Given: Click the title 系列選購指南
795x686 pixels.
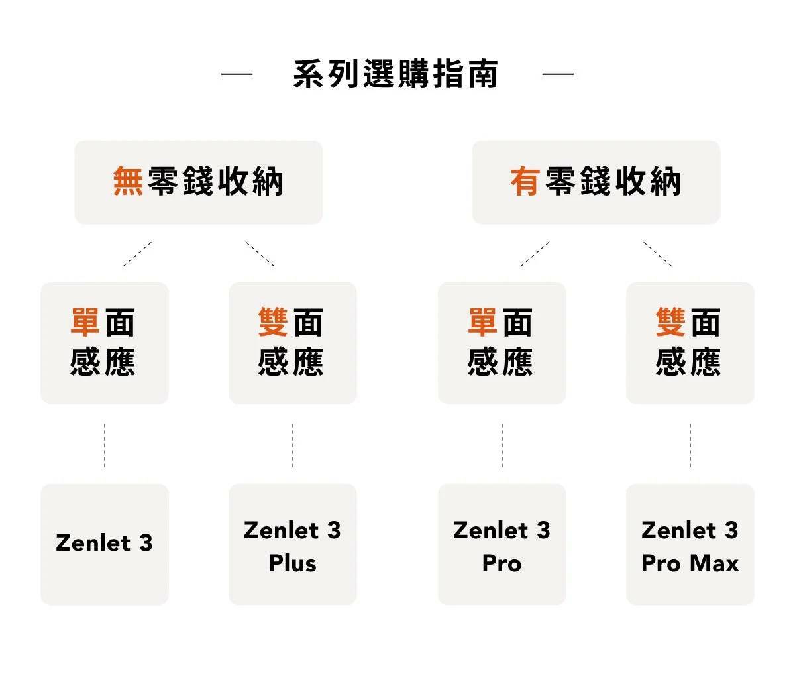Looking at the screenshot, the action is point(396,74).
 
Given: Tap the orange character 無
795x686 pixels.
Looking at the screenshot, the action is point(128,181).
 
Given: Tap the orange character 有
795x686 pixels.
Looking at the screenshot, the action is point(525,181).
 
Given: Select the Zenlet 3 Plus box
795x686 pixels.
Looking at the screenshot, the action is point(292,544).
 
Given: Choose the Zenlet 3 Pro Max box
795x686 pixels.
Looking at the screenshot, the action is point(690,544).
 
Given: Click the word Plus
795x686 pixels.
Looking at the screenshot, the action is point(292,563).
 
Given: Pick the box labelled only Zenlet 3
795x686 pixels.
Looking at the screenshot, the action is point(104,544).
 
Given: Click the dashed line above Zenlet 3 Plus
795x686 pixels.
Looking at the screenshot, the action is point(292,445).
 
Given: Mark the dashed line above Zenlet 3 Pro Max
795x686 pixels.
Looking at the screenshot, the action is point(690,445).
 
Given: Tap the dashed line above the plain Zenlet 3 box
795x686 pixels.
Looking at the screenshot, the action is point(104,445).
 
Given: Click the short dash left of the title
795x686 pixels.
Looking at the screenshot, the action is point(237,74).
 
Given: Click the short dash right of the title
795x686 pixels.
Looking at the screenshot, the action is point(558,74).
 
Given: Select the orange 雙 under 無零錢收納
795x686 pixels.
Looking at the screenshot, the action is point(273,323).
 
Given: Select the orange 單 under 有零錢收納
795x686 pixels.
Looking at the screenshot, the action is point(482,323).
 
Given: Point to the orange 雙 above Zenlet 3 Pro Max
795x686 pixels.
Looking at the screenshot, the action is point(670,323).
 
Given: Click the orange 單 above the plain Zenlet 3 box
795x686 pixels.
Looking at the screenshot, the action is point(85,323).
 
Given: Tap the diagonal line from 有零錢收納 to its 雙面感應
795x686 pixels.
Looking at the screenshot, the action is point(657,254).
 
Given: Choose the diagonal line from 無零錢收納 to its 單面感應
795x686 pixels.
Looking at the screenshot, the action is point(137,254).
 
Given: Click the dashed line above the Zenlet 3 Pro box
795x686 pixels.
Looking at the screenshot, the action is point(502,445).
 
